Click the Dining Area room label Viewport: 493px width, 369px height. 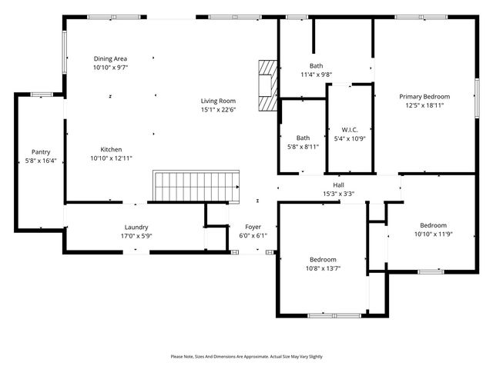110,58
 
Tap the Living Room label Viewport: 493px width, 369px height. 218,101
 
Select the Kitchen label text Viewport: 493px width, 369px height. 111,149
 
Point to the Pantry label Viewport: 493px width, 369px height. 40,152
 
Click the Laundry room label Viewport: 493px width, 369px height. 136,227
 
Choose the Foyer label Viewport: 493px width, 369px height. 253,227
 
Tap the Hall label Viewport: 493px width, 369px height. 338,185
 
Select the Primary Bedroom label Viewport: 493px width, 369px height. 424,97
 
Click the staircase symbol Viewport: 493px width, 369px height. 196,187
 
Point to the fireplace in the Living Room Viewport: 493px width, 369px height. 267,85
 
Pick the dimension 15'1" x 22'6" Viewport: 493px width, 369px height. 218,110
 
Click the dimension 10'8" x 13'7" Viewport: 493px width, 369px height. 323,268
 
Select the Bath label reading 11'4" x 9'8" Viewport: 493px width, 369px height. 316,75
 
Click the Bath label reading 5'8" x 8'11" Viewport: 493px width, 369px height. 303,146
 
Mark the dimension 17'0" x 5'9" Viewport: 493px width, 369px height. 136,236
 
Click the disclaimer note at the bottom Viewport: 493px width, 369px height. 246,357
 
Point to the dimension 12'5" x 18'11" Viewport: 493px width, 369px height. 424,106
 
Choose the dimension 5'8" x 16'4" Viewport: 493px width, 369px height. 40,161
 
